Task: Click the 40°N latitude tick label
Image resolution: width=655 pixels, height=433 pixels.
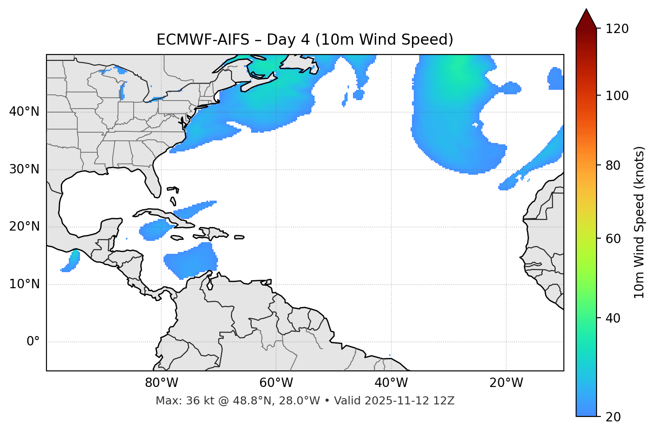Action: pos(24,112)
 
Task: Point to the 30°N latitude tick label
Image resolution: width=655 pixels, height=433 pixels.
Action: pos(24,169)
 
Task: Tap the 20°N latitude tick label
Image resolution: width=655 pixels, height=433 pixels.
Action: pos(24,227)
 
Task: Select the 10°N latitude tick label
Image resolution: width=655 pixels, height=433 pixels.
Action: pos(24,284)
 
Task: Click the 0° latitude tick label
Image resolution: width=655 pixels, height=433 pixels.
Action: pos(33,342)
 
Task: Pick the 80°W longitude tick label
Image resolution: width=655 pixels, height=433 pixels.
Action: pos(161,383)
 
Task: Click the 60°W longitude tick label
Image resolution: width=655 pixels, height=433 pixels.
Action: pos(276,383)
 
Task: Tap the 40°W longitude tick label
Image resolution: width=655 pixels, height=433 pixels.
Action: pos(391,383)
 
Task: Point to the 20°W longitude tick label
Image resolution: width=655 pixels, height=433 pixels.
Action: pos(506,383)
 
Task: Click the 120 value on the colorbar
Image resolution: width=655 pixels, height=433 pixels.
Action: pos(617,29)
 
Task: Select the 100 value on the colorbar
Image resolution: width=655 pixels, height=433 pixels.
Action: pos(617,96)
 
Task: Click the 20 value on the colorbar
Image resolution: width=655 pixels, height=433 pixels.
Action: pos(613,416)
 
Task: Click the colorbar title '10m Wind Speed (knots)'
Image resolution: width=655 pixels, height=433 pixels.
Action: pos(639,222)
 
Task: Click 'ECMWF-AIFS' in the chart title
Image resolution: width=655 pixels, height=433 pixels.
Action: pos(203,40)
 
